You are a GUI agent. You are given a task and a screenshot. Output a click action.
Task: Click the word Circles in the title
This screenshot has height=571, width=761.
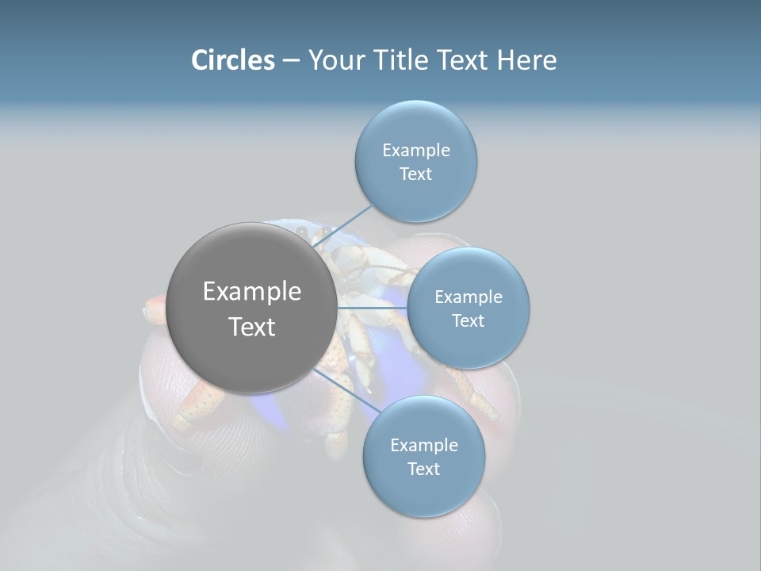pyautogui.click(x=232, y=60)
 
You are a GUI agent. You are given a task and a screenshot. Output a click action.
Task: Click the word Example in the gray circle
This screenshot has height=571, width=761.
pyautogui.click(x=251, y=292)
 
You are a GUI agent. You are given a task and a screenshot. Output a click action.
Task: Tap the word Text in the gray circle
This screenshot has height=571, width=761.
pyautogui.click(x=251, y=327)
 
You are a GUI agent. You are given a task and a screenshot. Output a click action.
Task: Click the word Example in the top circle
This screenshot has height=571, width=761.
pyautogui.click(x=415, y=151)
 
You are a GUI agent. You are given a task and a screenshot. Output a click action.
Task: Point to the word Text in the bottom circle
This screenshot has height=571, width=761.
pyautogui.click(x=423, y=469)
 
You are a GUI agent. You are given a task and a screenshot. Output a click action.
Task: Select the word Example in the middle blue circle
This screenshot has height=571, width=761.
pyautogui.click(x=468, y=297)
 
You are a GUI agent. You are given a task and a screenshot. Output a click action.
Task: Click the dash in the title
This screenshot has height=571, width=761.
pyautogui.click(x=290, y=60)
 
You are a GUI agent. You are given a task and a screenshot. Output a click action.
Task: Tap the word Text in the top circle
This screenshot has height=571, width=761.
pyautogui.click(x=415, y=174)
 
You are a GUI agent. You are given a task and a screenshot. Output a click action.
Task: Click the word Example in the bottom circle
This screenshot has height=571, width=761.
pyautogui.click(x=423, y=446)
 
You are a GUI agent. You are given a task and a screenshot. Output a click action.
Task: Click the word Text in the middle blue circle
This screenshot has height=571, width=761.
pyautogui.click(x=468, y=321)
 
